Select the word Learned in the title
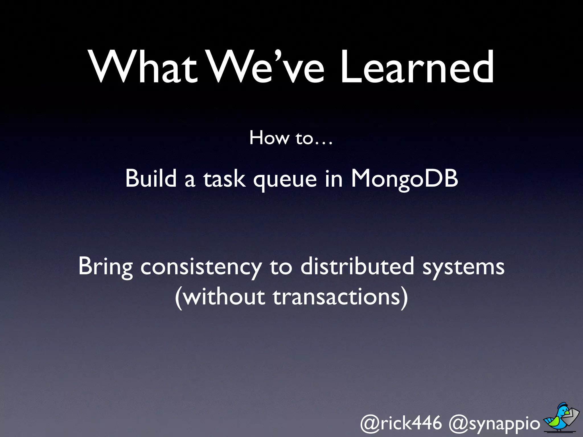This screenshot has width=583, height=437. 417,67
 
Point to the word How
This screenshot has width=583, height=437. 269,138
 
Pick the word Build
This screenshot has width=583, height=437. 151,179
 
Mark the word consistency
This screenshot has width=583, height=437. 201,267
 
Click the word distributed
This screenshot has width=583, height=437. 357,266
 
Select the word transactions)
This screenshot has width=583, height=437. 340,298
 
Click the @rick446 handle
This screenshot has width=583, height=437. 401,423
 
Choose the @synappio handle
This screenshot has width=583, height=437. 494,424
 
